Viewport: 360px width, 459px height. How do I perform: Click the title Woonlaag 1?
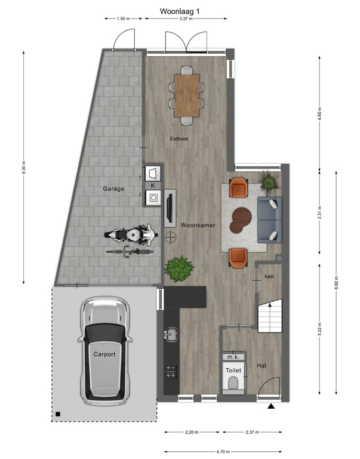pos(180,11)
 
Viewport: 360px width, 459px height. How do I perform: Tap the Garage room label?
pos(113,189)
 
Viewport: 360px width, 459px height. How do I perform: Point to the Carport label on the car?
pos(104,354)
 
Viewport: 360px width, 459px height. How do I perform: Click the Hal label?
pos(261,365)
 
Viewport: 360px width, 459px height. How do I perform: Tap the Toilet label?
pos(233,371)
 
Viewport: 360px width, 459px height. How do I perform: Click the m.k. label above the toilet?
pos(232,357)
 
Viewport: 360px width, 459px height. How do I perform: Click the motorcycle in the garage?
pos(131,235)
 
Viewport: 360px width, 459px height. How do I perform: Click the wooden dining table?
pos(187,94)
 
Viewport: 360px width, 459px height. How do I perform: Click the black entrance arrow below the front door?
pos(272,407)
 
